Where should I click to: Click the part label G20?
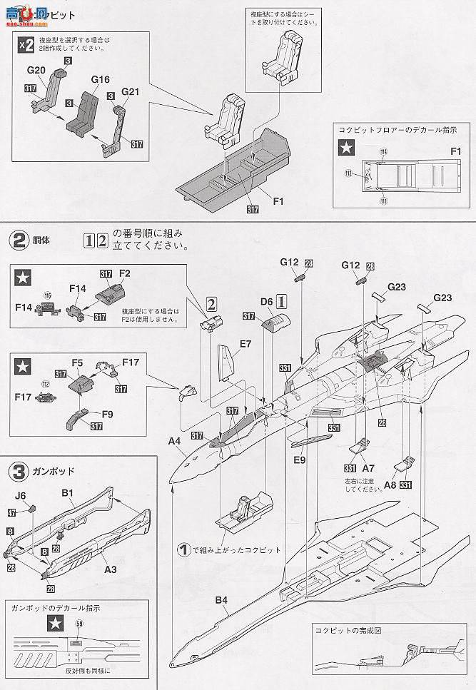click(38, 71)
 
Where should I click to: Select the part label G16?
click(100, 80)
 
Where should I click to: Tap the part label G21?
click(131, 93)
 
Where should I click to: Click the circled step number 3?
click(18, 471)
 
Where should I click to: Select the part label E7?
click(245, 344)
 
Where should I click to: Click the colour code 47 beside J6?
click(12, 512)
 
